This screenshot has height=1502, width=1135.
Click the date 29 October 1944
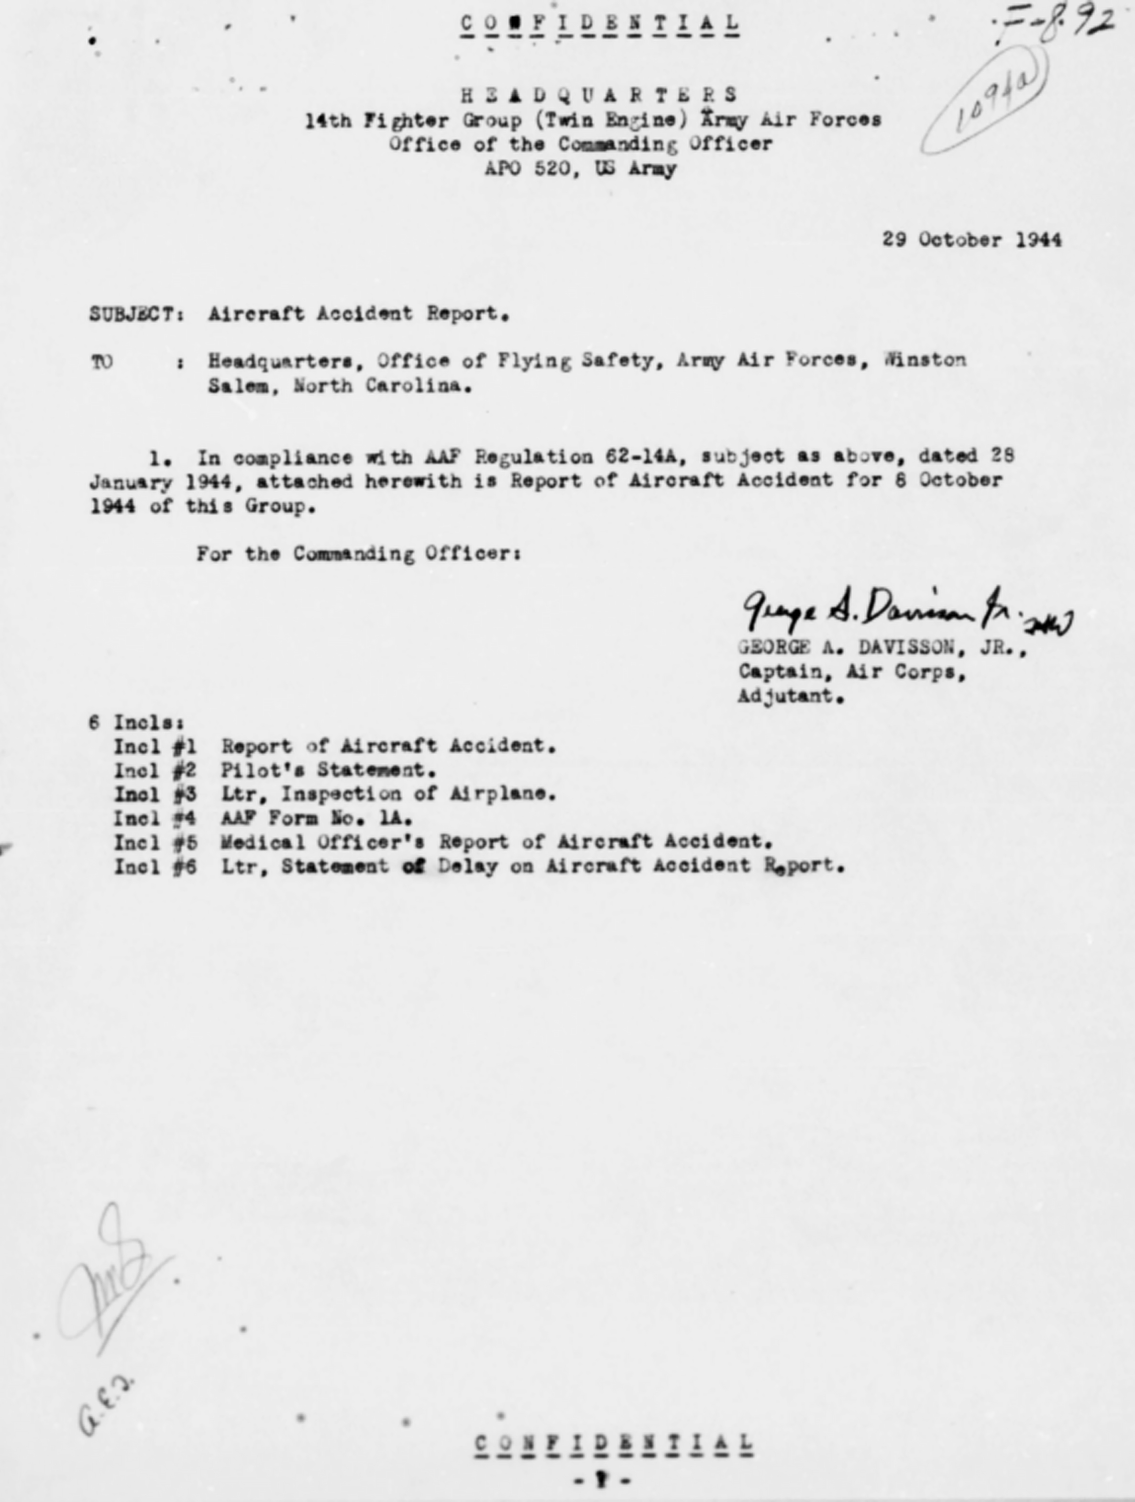971,240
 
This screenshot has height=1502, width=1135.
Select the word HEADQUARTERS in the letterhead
599,94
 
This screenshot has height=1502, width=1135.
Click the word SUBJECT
132,314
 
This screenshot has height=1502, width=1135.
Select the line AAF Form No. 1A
317,818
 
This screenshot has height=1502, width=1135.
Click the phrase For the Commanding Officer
358,554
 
